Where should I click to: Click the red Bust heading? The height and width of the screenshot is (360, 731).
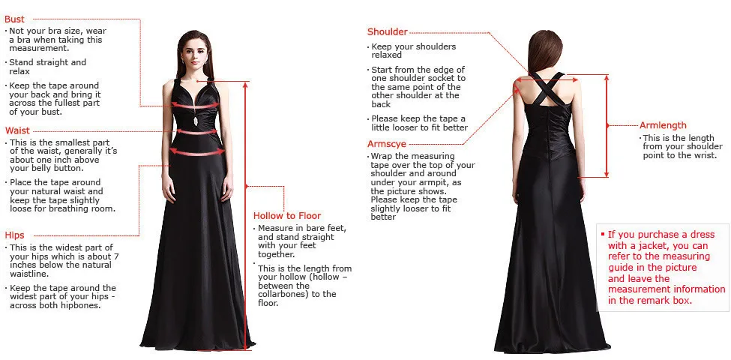[15, 19]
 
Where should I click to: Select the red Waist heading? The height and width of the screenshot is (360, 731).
[17, 130]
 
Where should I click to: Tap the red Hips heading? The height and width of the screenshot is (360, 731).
[15, 235]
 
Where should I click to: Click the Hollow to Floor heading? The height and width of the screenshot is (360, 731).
[286, 215]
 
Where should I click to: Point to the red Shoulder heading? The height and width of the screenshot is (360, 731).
[387, 31]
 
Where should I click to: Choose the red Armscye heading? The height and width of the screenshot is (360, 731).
[387, 144]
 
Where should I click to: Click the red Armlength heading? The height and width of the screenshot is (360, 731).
[663, 125]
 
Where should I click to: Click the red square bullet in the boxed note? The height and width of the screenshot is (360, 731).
[603, 234]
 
